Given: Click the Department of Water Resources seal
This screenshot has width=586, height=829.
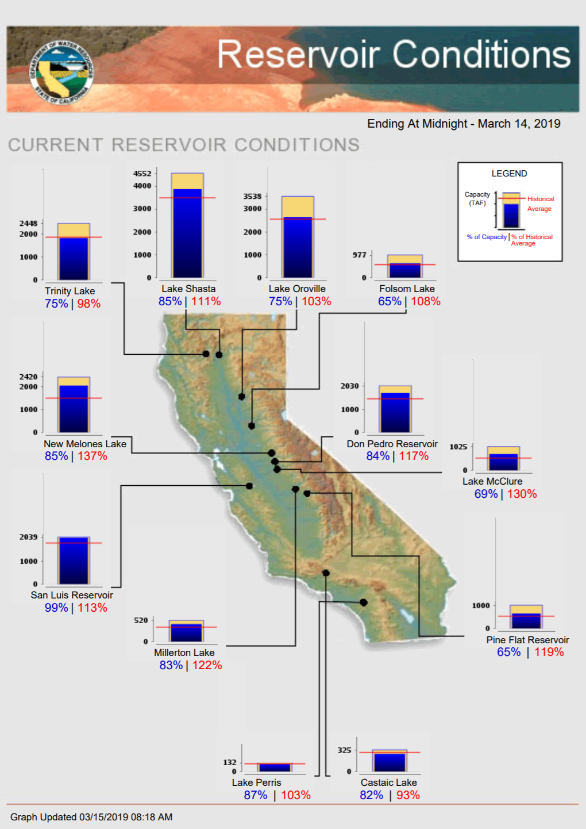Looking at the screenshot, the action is click(62, 72).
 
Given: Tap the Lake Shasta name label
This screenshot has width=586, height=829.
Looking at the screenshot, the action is click(188, 289).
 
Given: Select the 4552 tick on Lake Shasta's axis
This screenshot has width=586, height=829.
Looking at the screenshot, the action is click(142, 174).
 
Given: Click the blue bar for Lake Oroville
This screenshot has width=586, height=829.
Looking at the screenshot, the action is click(298, 248).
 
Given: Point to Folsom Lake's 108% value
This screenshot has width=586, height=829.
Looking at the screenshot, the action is click(426, 301).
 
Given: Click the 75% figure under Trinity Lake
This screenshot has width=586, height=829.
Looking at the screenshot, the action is click(56, 304).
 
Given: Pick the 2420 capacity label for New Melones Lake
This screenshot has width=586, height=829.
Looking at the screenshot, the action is click(29, 377).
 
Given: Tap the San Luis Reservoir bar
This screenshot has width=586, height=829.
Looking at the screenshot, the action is click(74, 561).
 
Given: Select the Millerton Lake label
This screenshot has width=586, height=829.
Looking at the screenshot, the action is click(184, 653).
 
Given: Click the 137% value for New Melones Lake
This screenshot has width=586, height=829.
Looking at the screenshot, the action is click(92, 456).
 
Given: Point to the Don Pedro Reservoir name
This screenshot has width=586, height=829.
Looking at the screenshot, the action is click(392, 444).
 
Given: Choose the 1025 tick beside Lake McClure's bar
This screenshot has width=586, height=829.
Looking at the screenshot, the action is click(458, 447).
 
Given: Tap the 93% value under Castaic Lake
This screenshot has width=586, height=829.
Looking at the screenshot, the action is click(408, 795).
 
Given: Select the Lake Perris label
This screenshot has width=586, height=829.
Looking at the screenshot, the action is click(256, 782).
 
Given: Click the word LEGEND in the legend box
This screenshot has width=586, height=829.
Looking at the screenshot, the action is click(509, 174).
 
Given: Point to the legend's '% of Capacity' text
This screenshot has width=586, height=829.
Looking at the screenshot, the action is click(487, 237).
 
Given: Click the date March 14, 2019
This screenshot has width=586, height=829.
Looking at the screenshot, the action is click(519, 124).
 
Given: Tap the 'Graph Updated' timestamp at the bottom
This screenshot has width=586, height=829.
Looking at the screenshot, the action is click(91, 817).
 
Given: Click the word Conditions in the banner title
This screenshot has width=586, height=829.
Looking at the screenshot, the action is click(481, 55).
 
